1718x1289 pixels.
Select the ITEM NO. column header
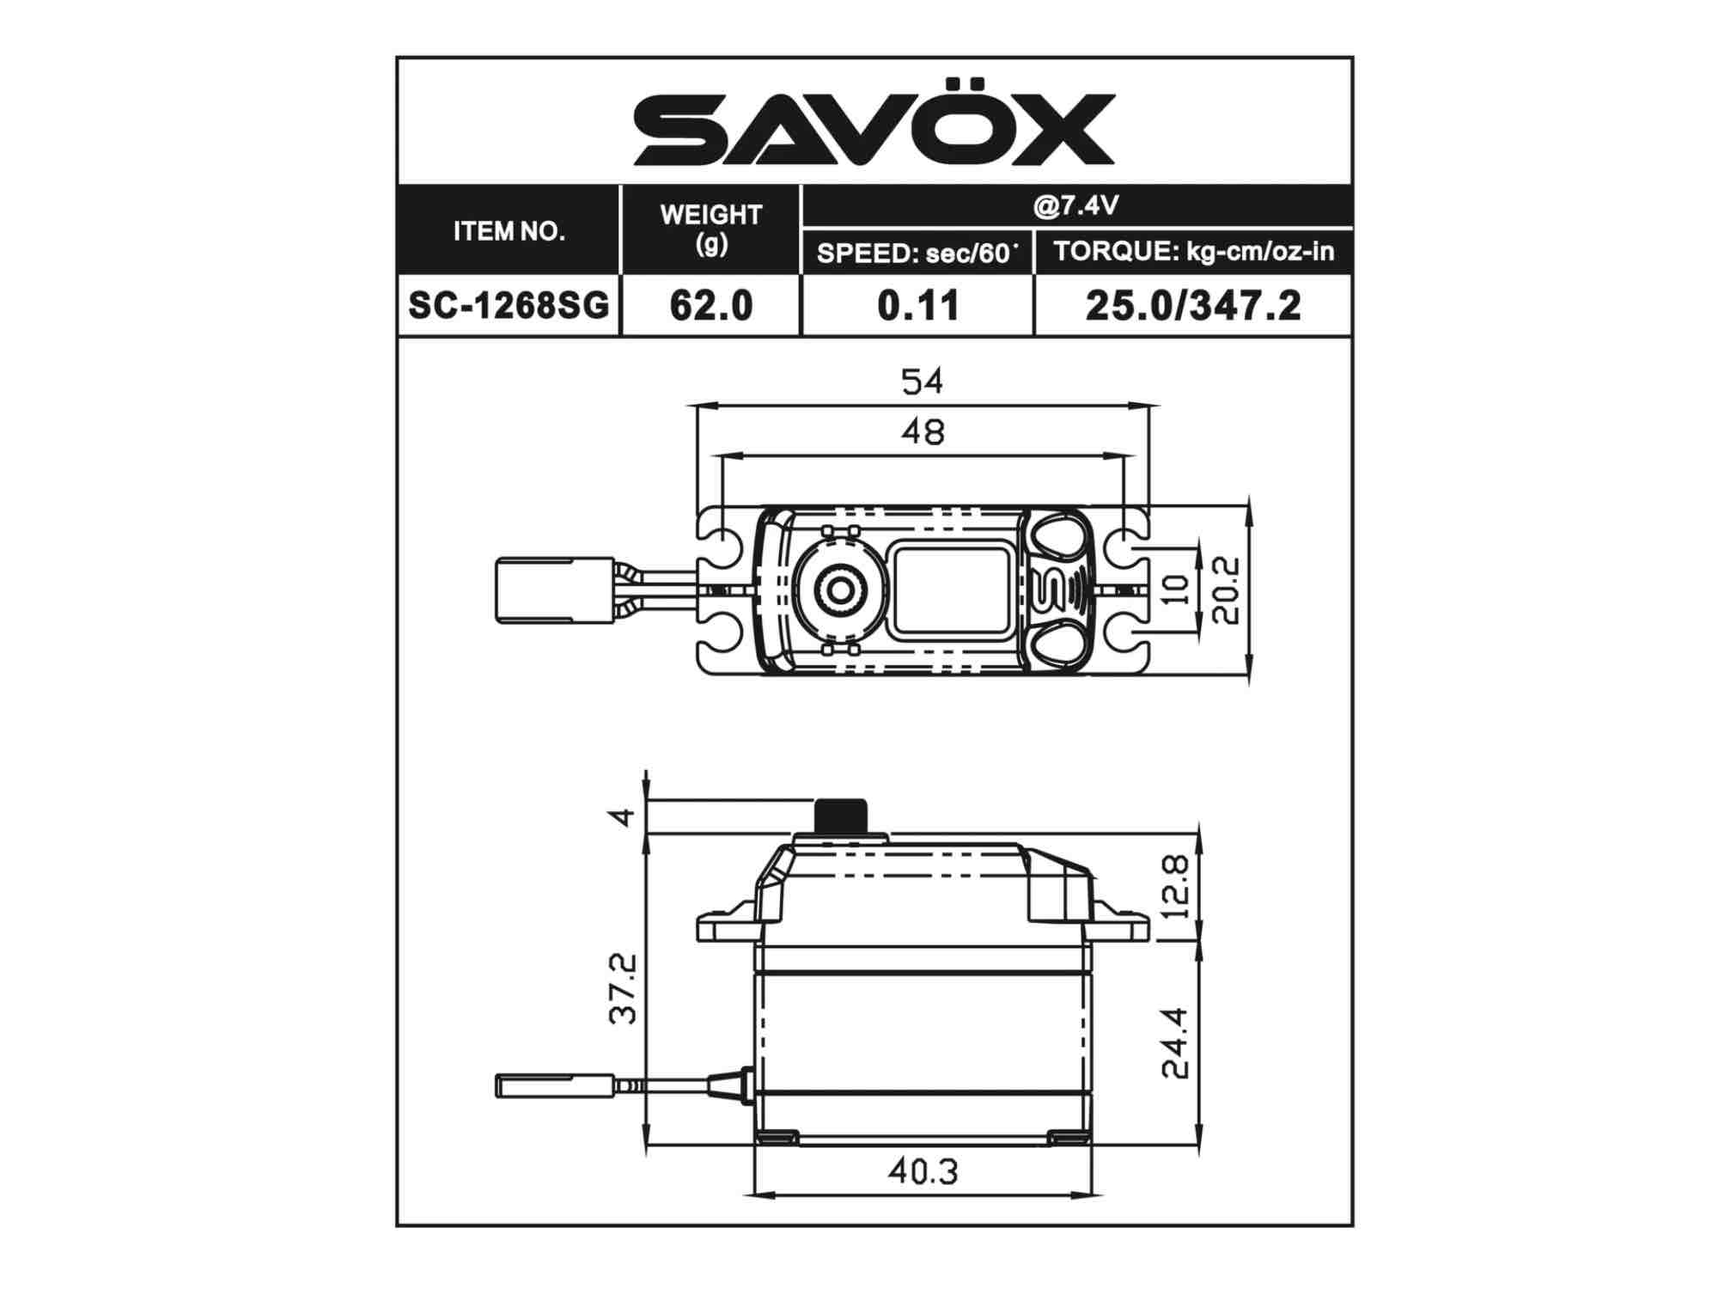[x=509, y=231]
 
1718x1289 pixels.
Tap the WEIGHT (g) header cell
[x=710, y=229]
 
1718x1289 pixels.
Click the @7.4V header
[x=1075, y=205]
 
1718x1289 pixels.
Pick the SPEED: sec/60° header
[x=917, y=253]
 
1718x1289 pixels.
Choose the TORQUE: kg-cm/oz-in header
[x=1193, y=251]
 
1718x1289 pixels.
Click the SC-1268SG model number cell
[x=509, y=305]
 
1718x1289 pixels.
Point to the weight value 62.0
[x=710, y=305]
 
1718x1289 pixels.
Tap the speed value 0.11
[x=917, y=305]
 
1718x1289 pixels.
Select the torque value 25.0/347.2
[x=1193, y=305]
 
